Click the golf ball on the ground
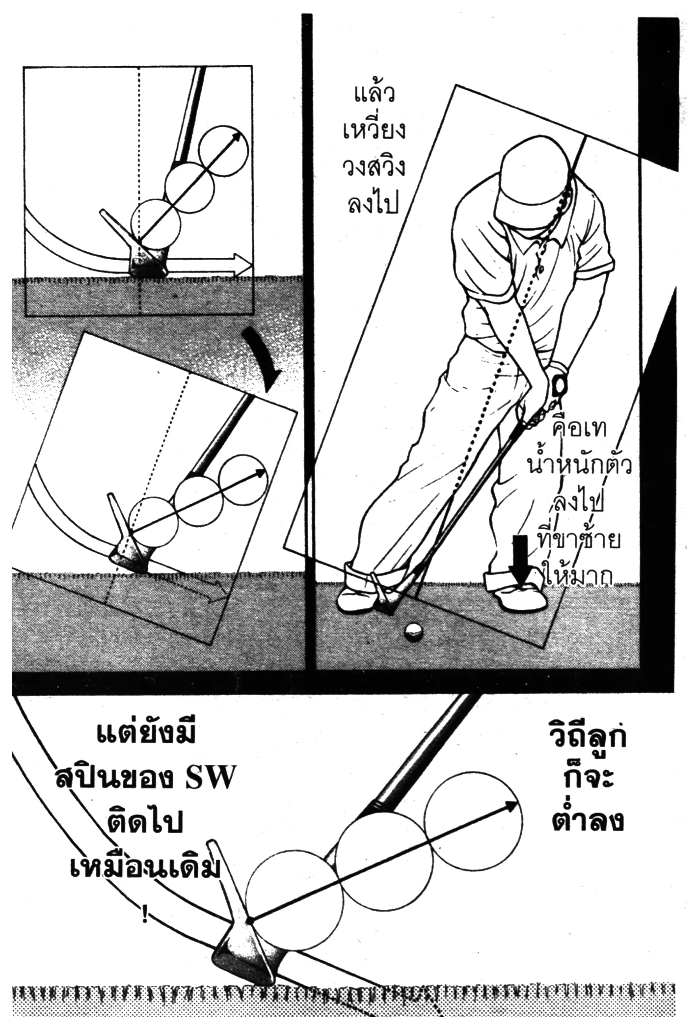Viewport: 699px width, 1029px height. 414,632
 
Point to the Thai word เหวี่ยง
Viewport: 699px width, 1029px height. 374,131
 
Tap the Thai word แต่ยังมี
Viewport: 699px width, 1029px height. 145,740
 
